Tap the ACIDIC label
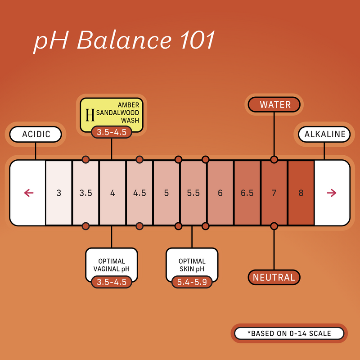pyautogui.click(x=36, y=134)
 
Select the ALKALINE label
pyautogui.click(x=324, y=134)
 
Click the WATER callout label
pyautogui.click(x=274, y=105)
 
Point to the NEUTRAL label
pyautogui.click(x=274, y=277)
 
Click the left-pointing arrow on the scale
pyautogui.click(x=28, y=193)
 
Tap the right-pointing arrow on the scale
pyautogui.click(x=332, y=193)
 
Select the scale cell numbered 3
pyautogui.click(x=59, y=193)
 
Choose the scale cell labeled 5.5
pyautogui.click(x=193, y=193)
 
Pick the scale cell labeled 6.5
pyautogui.click(x=247, y=193)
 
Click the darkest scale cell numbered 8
pyautogui.click(x=301, y=193)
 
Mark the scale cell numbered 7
pyautogui.click(x=274, y=193)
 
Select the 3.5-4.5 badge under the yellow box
pyautogui.click(x=112, y=132)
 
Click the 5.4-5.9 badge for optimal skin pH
pyautogui.click(x=192, y=282)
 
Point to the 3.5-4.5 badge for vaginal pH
pyautogui.click(x=112, y=282)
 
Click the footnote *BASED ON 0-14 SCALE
pyautogui.click(x=289, y=333)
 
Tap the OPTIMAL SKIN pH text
pyautogui.click(x=192, y=265)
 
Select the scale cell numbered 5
pyautogui.click(x=166, y=193)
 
